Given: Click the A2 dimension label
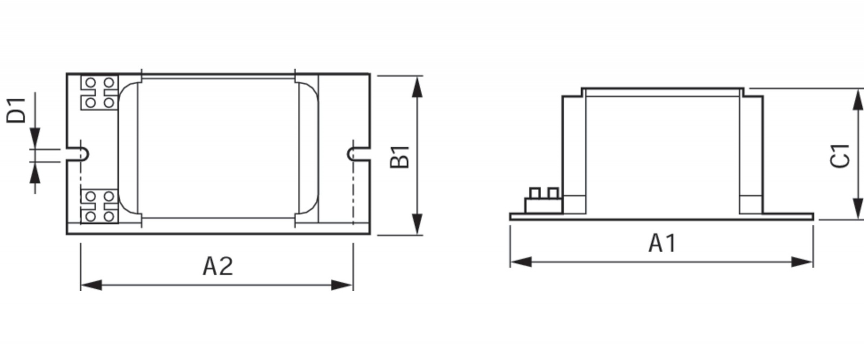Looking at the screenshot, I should click(x=218, y=266).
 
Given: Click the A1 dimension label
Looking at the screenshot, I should click(x=662, y=243).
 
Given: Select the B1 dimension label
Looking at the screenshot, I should click(x=400, y=157).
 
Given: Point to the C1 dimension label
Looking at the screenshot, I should click(x=841, y=157).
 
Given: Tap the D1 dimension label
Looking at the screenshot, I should click(x=16, y=110).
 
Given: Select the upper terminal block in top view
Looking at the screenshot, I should click(x=99, y=92).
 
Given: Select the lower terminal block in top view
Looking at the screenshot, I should click(x=99, y=206).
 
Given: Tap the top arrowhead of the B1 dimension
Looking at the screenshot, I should click(x=416, y=86).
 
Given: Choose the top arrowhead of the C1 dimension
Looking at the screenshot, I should click(x=857, y=100).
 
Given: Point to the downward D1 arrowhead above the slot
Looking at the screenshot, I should click(x=35, y=137).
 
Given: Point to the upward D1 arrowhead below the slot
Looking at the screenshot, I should click(x=35, y=173).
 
